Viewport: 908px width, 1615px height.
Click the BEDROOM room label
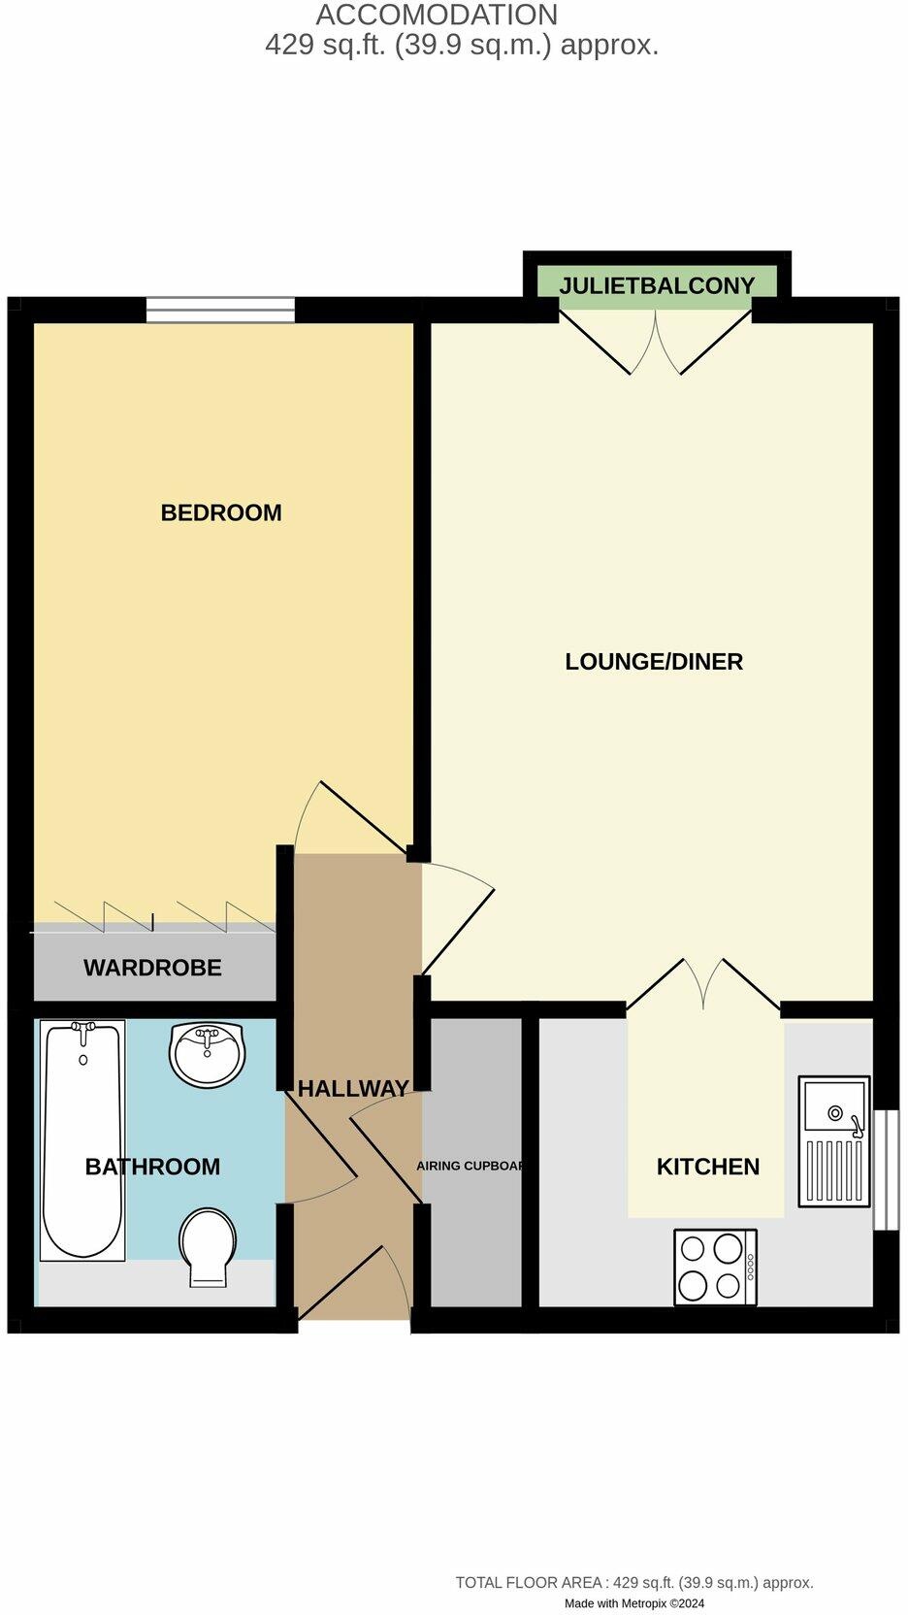(x=221, y=512)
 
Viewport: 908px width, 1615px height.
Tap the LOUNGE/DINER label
(x=654, y=662)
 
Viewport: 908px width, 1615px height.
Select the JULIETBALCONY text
(x=657, y=285)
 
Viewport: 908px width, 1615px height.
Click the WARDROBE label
(x=152, y=968)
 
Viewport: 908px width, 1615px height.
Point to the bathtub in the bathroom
(x=82, y=1140)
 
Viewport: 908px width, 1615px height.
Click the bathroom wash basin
(x=208, y=1054)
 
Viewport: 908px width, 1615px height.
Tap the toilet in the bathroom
(x=208, y=1246)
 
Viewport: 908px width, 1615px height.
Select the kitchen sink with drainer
(x=833, y=1141)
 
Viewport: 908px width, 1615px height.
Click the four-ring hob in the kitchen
(x=716, y=1268)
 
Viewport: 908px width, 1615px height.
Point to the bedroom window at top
(x=220, y=310)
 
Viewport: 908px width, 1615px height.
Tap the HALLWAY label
(x=353, y=1089)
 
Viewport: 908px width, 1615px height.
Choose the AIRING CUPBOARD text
(x=470, y=1166)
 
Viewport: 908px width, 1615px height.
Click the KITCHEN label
(x=708, y=1167)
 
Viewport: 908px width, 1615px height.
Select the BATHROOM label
(x=152, y=1167)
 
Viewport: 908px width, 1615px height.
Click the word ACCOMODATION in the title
(x=437, y=16)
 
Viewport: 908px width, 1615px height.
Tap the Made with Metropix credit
(x=634, y=1603)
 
